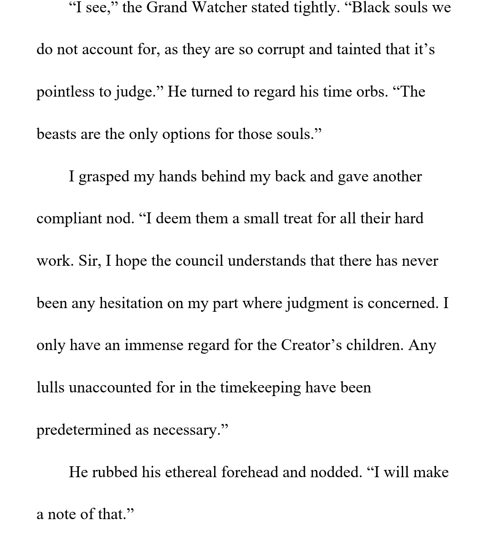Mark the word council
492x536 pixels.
[199, 261]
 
